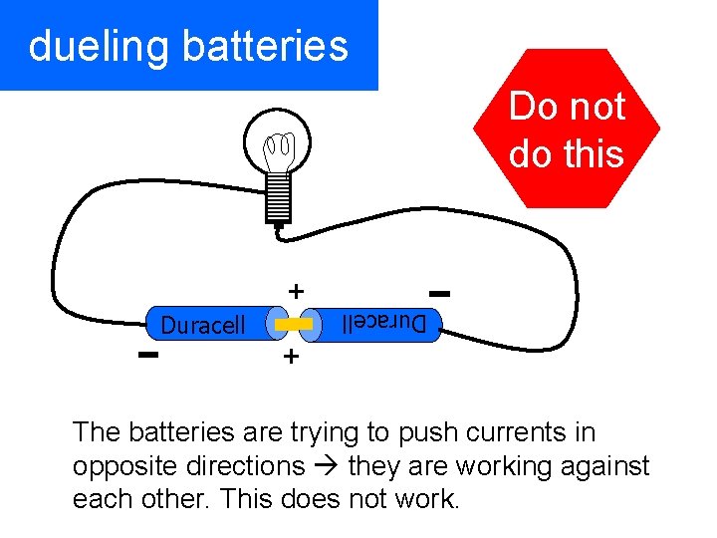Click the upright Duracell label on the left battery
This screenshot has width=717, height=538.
(202, 326)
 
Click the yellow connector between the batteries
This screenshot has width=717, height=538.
(294, 326)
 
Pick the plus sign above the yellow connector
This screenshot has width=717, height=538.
(295, 291)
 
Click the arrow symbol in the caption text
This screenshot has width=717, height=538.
(326, 466)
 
